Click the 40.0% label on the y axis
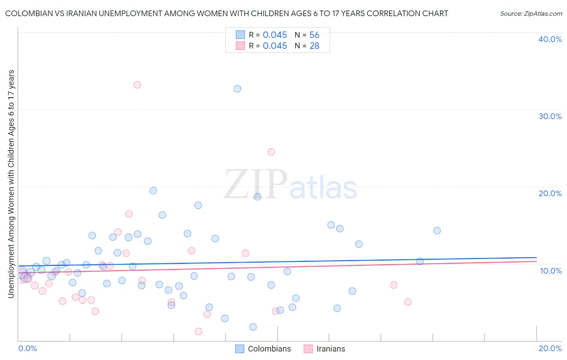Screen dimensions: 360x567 coord(550,39)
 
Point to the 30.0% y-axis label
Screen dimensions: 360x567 coord(550,116)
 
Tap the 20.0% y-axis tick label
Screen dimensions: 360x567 coord(550,193)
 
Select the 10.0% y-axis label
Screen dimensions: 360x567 coord(550,271)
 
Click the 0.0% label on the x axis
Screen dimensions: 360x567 coord(27,348)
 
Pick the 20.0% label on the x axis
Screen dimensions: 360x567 coord(550,348)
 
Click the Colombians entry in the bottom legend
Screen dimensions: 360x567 coord(269,349)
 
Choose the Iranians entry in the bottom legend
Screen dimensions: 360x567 coord(331,349)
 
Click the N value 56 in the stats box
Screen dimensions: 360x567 coord(314,35)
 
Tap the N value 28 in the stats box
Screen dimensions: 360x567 coord(314,46)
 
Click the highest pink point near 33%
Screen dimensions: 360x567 coord(137,85)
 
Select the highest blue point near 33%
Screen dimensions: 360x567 coord(238,89)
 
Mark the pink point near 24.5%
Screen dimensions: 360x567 coord(271,152)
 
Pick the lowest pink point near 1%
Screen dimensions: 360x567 coord(198,331)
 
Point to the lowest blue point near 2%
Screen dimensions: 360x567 coord(253,327)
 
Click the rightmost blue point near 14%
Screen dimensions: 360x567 coord(437,230)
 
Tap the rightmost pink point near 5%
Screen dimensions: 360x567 coord(408,302)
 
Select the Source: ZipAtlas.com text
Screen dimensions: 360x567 coord(531,14)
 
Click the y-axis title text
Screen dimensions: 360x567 coord(11,184)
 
